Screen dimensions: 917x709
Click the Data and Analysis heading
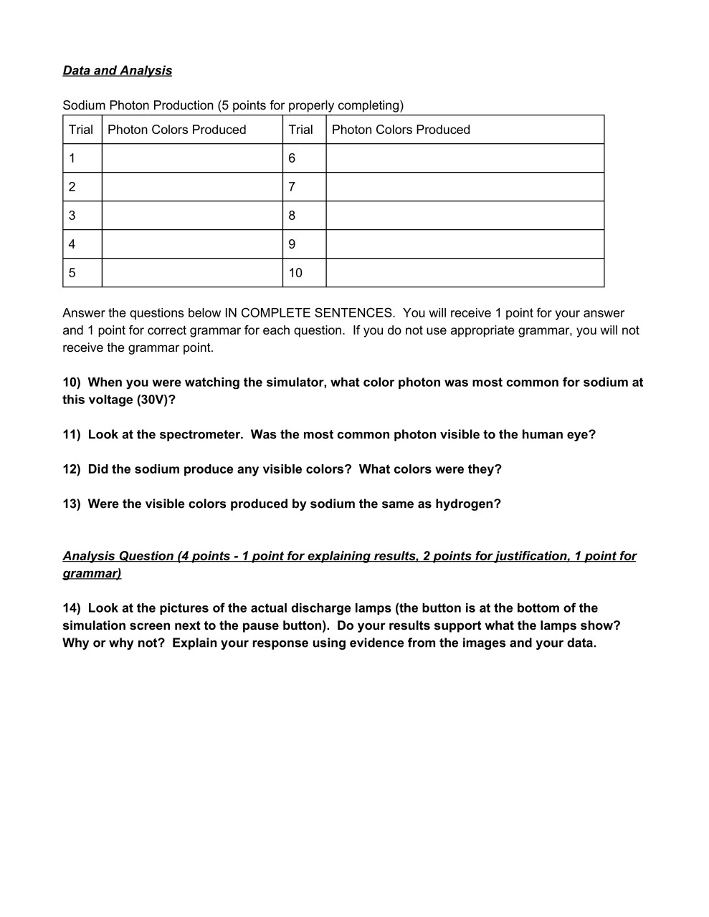118,70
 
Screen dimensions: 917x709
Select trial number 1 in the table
72,158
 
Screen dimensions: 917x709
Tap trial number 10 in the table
295,273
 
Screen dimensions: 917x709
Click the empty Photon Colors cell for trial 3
192,216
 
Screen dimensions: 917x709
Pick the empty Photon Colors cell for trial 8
465,216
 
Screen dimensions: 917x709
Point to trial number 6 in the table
292,158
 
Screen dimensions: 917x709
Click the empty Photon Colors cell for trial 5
192,273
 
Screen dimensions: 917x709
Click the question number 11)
72,435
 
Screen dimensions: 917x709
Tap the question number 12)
72,469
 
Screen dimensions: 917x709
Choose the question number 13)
72,504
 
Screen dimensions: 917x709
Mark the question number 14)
72,608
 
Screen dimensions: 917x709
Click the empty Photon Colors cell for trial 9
465,244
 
